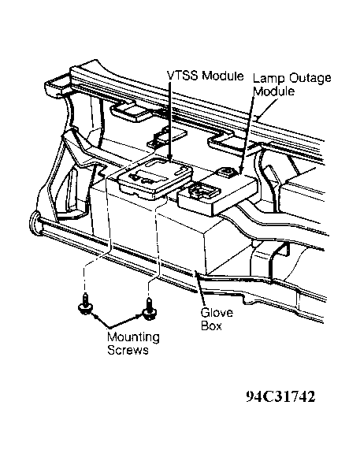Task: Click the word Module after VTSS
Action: tap(223, 76)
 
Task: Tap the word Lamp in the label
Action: tap(269, 79)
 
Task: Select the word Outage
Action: tap(310, 78)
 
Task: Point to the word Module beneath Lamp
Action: tap(274, 91)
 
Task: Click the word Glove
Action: tap(217, 313)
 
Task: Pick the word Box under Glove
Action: tap(211, 325)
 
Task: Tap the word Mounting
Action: tap(133, 337)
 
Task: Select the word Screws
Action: tap(128, 350)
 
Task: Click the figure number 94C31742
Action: tap(280, 396)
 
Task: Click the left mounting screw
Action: tap(86, 305)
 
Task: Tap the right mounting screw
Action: tap(150, 310)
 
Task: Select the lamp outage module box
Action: tap(217, 192)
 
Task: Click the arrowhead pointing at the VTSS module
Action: tap(169, 158)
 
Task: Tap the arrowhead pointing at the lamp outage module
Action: tap(241, 171)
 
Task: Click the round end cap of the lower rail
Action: tap(35, 223)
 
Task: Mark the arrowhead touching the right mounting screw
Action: tap(139, 316)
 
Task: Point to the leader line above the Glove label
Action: tap(200, 290)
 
